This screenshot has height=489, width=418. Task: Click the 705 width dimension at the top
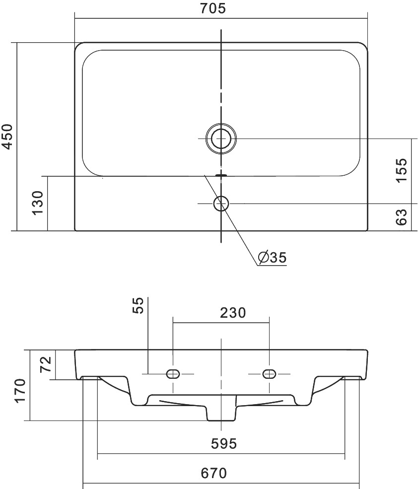[213, 8]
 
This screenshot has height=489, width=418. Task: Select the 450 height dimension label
[7, 137]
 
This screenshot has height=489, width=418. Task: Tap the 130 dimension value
[38, 203]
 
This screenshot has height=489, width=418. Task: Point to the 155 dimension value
[401, 170]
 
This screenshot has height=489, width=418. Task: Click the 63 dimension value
[401, 217]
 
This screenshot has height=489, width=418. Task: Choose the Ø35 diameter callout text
[272, 257]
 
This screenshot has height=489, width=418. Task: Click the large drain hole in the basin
[221, 138]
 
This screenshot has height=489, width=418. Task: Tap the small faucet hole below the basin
[221, 204]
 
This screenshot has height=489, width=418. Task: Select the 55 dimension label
[138, 305]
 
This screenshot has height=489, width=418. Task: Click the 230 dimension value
[233, 313]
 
